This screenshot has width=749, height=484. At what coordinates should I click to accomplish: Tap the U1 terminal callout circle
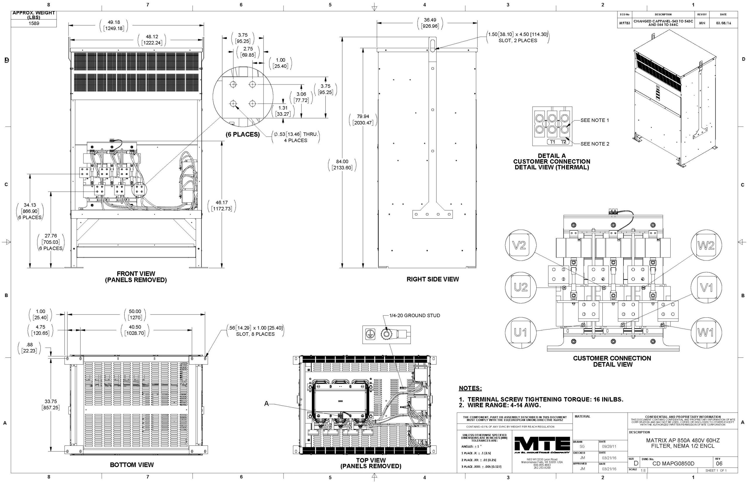coord(520,332)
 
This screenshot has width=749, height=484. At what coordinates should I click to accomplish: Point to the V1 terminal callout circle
coord(706,288)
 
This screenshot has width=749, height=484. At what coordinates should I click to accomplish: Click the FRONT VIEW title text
coord(136,274)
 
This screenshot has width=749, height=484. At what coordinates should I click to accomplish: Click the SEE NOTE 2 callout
coord(595,144)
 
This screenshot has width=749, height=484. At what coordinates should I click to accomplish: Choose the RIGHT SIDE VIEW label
coord(432,279)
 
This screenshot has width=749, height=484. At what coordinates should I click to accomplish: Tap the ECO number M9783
coord(624,23)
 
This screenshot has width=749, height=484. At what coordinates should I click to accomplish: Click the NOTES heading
coord(470,388)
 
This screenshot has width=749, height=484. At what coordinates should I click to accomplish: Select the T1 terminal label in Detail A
coord(553,142)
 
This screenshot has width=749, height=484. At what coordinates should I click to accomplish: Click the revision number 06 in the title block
coord(719,464)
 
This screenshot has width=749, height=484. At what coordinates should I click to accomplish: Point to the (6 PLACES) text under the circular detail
coord(243,134)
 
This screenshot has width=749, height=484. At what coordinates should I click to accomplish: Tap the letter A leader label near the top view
coord(267,404)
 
